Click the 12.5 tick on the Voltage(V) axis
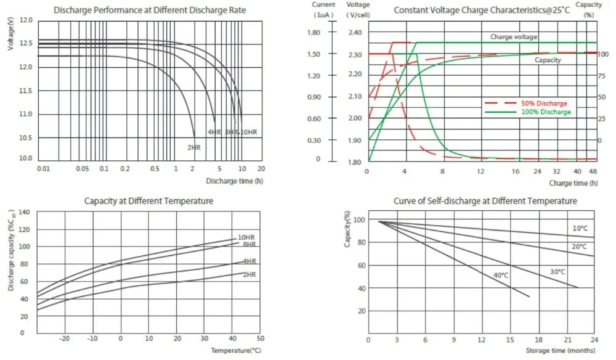(x=26, y=44)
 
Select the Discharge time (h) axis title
(x=235, y=181)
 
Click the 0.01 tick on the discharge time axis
(x=43, y=168)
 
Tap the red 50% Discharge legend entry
(x=543, y=104)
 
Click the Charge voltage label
(x=513, y=37)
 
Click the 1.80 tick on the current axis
(x=314, y=32)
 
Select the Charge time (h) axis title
(x=573, y=183)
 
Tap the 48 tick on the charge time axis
(x=593, y=171)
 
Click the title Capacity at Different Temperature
(x=148, y=201)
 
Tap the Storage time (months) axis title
(x=562, y=350)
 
